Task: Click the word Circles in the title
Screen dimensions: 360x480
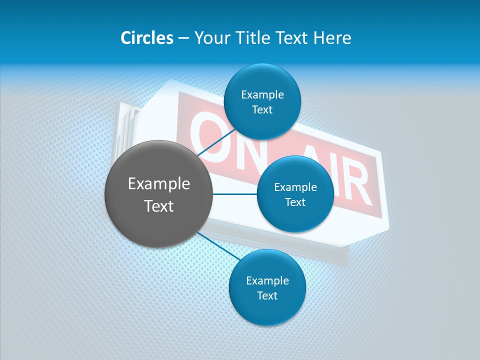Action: tap(147, 38)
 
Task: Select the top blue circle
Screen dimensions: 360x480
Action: tap(262, 80)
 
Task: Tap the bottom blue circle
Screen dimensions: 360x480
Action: tap(267, 312)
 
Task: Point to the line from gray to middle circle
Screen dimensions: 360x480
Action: tap(235, 194)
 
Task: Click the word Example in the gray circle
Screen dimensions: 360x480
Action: tap(159, 184)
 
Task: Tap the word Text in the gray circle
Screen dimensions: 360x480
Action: tap(159, 206)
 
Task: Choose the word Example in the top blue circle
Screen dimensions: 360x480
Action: tap(262, 95)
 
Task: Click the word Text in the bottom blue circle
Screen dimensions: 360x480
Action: tap(267, 295)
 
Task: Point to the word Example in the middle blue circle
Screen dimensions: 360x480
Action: tap(295, 187)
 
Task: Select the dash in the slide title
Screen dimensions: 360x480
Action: tap(183, 38)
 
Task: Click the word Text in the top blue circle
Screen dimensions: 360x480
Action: tap(262, 110)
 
